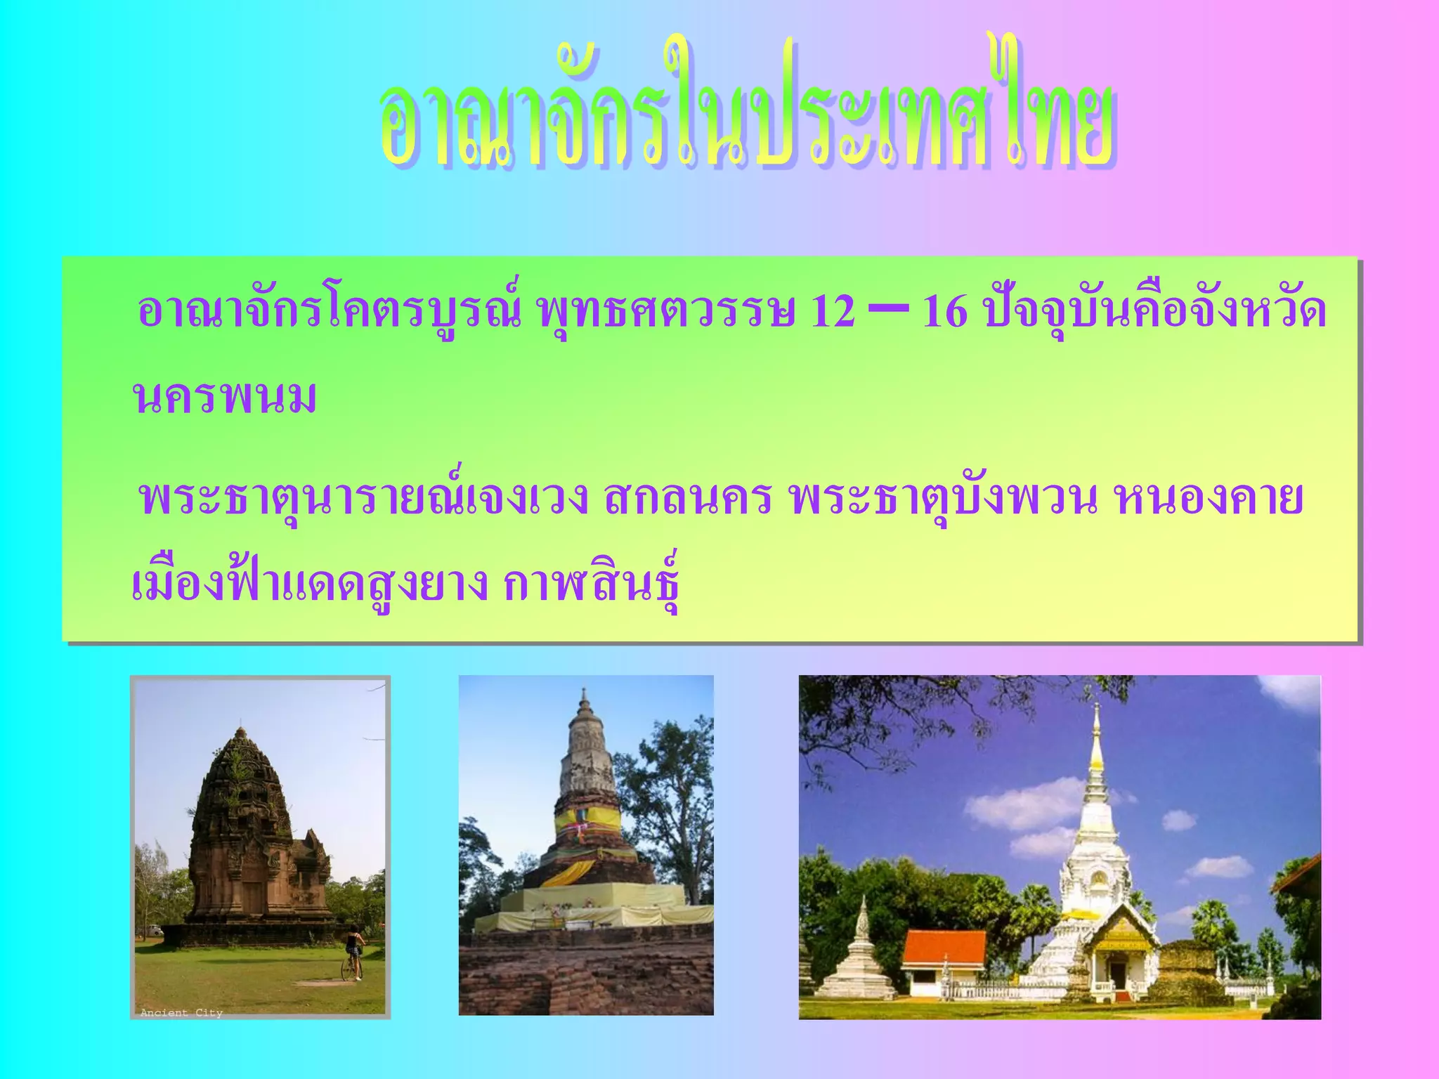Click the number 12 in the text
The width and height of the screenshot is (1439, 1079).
pyautogui.click(x=833, y=311)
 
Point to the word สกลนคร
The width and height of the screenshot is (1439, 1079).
pyautogui.click(x=688, y=499)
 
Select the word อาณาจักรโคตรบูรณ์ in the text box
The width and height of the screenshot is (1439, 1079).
pyautogui.click(x=329, y=311)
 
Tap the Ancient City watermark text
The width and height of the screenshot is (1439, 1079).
pyautogui.click(x=181, y=1012)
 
